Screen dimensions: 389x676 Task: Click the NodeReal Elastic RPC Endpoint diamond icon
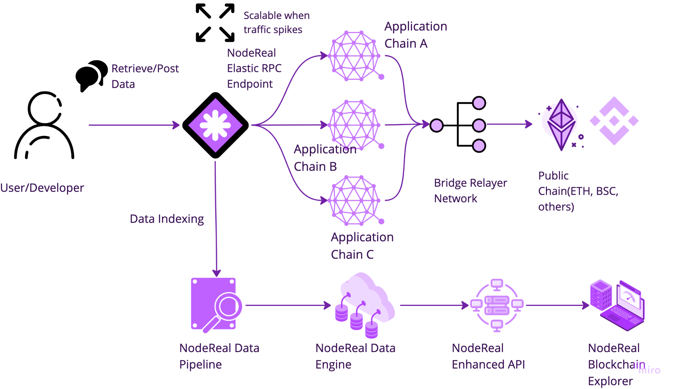(x=215, y=125)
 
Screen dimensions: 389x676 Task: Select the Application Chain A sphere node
(x=355, y=56)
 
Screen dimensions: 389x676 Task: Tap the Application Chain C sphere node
(x=355, y=200)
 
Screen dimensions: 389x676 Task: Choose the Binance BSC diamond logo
(x=614, y=121)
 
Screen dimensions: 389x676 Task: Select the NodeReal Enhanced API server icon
(x=497, y=305)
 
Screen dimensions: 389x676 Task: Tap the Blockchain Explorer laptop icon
(x=617, y=305)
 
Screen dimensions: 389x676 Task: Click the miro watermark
(x=649, y=370)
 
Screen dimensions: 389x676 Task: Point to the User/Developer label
(x=42, y=188)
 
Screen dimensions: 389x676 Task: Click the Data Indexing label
(x=167, y=219)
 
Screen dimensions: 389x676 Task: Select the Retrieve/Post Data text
(x=145, y=76)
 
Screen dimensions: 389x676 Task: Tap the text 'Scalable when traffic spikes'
(x=276, y=22)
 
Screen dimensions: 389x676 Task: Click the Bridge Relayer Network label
(x=470, y=190)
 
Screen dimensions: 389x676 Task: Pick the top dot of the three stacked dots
(x=479, y=103)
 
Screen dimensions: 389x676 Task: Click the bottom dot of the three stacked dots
(x=479, y=146)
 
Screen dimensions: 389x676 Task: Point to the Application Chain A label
(x=415, y=35)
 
